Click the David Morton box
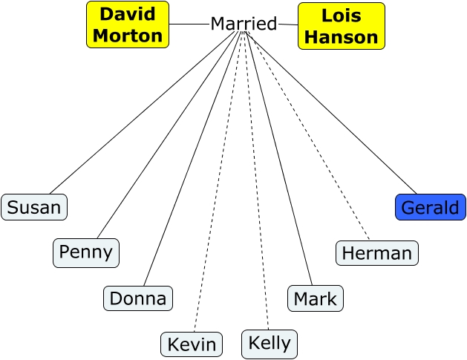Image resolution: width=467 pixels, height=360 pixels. point(128,24)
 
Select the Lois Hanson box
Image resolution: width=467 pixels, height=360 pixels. point(342,26)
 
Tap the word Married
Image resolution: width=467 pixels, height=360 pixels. point(244,24)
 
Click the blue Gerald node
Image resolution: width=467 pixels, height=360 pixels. point(431,207)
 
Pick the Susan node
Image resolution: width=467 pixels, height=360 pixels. point(34,207)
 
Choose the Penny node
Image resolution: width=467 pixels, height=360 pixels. point(86,252)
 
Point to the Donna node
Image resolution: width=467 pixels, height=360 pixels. point(138,298)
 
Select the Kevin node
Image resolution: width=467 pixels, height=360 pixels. point(192,344)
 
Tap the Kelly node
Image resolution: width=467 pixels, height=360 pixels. point(270,344)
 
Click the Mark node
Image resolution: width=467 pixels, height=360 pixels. point(316,298)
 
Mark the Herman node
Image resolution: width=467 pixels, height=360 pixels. point(377,253)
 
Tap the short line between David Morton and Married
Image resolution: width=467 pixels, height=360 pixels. point(189,24)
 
